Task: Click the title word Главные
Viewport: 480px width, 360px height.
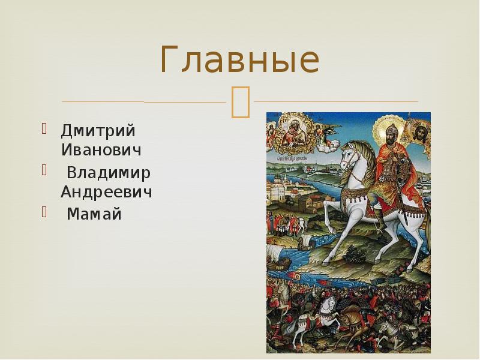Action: (x=239, y=61)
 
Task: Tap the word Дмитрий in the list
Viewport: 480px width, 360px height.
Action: (x=98, y=130)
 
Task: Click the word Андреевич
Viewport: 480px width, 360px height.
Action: (x=106, y=192)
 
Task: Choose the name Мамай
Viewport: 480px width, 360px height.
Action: (x=94, y=214)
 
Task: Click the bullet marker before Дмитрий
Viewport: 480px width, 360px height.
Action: (x=44, y=128)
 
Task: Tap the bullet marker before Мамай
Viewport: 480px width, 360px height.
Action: (x=44, y=212)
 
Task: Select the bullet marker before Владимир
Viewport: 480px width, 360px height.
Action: (x=44, y=171)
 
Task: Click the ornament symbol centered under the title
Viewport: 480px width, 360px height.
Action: (x=240, y=101)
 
